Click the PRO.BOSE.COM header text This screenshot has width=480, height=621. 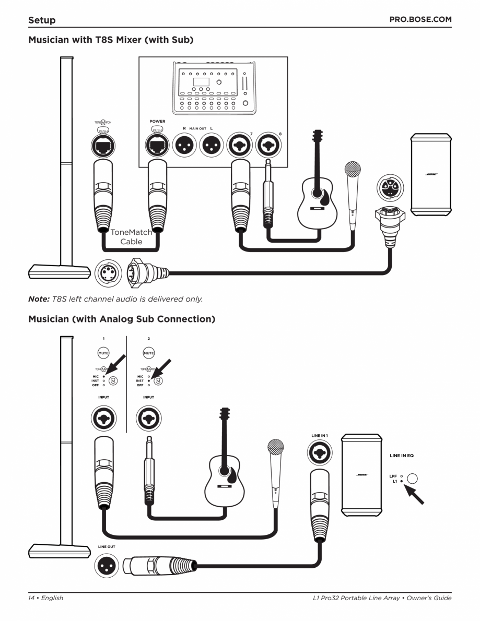tap(420, 20)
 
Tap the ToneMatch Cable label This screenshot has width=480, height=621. tap(131, 237)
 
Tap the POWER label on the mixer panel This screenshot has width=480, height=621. tap(157, 121)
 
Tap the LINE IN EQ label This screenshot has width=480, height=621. tap(402, 455)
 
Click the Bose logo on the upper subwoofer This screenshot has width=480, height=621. tap(431, 174)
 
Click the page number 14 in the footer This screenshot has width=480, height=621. tap(31, 598)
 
